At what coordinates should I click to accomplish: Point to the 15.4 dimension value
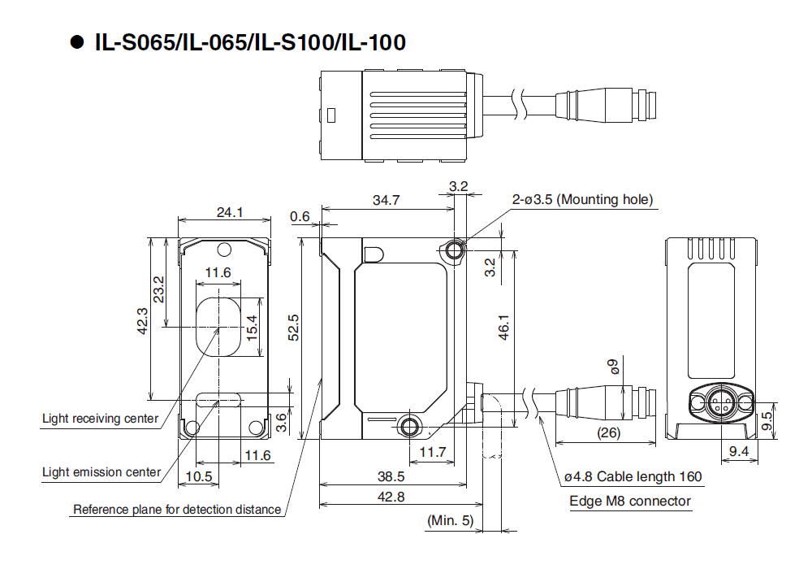coord(252,326)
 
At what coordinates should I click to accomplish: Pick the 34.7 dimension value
coord(386,201)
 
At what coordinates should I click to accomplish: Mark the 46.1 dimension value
coord(503,326)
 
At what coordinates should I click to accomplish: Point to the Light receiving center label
coord(100,419)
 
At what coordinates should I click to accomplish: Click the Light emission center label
coord(101,472)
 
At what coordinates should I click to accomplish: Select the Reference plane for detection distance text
coord(177,510)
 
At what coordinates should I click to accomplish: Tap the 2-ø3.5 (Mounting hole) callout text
coord(582,199)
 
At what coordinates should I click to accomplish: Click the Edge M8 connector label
coord(630,501)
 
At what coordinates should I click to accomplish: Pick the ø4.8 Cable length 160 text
coord(633,477)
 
